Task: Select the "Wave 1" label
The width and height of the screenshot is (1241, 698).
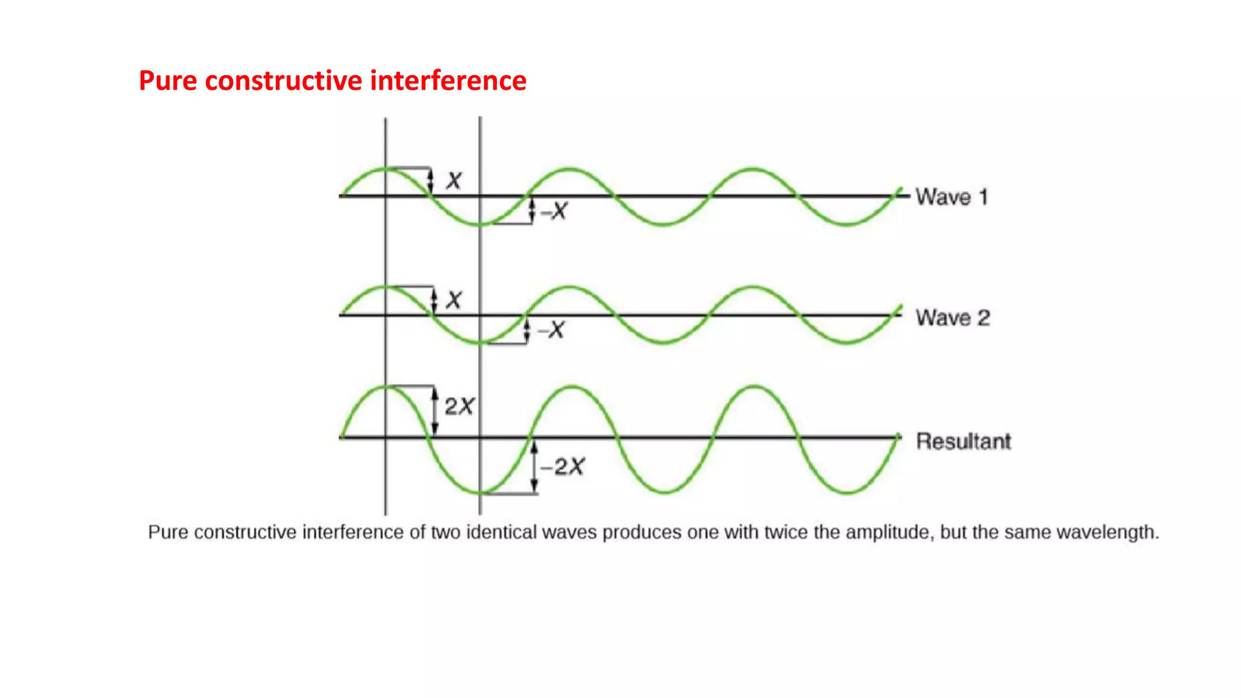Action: pyautogui.click(x=951, y=197)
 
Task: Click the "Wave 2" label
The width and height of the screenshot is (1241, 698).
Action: pyautogui.click(x=953, y=317)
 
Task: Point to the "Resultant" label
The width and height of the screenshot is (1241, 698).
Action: pyautogui.click(x=963, y=441)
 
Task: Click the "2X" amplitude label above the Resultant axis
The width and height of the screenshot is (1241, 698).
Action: pyautogui.click(x=459, y=406)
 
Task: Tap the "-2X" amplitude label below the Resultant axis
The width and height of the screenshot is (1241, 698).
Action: pyautogui.click(x=562, y=467)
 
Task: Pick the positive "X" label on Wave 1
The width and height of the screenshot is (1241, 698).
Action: pyautogui.click(x=454, y=180)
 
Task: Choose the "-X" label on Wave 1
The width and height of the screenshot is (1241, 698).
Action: pyautogui.click(x=554, y=211)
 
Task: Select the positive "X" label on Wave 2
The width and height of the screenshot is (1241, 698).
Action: pyautogui.click(x=454, y=299)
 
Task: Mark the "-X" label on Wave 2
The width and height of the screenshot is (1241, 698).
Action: pyautogui.click(x=551, y=330)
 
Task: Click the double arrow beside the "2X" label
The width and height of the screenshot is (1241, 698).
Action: pyautogui.click(x=434, y=411)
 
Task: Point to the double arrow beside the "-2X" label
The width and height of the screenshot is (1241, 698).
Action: pyautogui.click(x=534, y=467)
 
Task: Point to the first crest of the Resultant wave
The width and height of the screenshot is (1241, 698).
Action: pyautogui.click(x=386, y=387)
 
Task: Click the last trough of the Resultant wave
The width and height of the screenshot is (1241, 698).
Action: pyautogui.click(x=847, y=492)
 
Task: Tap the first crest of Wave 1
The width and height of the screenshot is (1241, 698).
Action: pyautogui.click(x=386, y=168)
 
